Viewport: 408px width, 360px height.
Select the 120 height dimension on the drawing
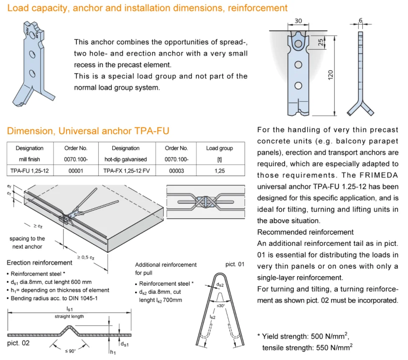coord(331,75)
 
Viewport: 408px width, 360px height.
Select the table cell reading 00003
coord(176,171)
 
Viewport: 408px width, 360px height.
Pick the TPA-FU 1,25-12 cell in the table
coord(29,171)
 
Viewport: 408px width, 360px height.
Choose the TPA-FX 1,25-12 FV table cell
coord(125,171)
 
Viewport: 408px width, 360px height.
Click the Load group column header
coord(219,148)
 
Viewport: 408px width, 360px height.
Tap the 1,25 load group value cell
coord(219,171)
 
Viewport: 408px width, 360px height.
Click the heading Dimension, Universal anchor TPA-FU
coord(88,131)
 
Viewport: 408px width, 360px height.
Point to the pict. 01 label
coord(235,264)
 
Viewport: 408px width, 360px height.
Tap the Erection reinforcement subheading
coord(39,263)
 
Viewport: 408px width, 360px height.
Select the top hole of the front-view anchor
coord(298,44)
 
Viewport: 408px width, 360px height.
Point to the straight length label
coord(69,317)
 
